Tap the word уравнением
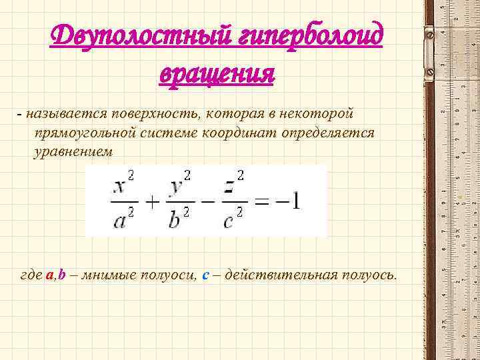click(73, 152)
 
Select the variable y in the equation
click(176, 186)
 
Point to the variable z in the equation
click(229, 186)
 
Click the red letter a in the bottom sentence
click(49, 275)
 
